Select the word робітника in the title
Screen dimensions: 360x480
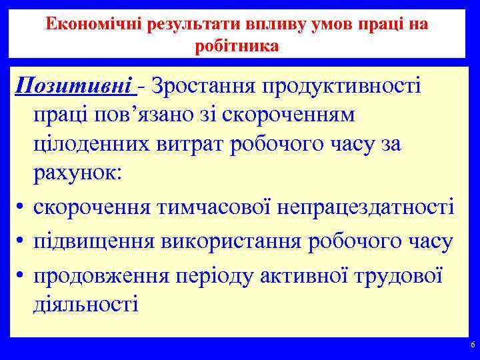tap(237, 47)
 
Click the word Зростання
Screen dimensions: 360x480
tap(201, 86)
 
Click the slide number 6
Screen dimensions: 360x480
tap(473, 345)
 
